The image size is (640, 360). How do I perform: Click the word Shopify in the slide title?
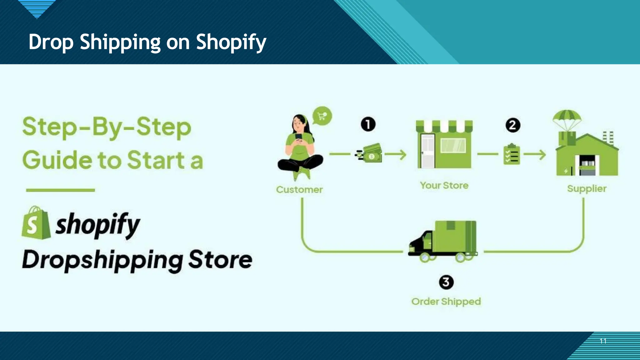tap(231, 42)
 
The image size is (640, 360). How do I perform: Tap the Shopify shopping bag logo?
tap(36, 223)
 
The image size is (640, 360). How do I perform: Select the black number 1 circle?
tap(368, 124)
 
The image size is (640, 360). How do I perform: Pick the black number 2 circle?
tap(513, 125)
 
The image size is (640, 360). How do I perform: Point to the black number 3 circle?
tap(446, 282)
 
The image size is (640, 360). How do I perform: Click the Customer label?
tap(299, 189)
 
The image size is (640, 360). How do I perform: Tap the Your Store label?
tap(444, 185)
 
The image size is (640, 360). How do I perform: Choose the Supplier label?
tap(587, 189)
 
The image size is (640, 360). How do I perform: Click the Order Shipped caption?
tap(446, 302)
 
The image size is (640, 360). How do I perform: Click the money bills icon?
tap(370, 153)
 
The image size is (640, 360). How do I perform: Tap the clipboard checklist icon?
tap(512, 154)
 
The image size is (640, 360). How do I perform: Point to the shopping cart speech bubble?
tap(322, 116)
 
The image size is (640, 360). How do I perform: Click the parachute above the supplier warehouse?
tap(567, 118)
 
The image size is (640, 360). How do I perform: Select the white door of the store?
tap(427, 151)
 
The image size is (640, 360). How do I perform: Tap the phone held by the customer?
tap(299, 137)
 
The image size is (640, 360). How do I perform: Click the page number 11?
tap(603, 341)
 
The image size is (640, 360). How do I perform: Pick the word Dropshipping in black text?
tap(102, 260)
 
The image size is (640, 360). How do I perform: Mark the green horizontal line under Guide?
tap(60, 190)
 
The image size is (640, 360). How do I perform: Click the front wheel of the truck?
tap(425, 257)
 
